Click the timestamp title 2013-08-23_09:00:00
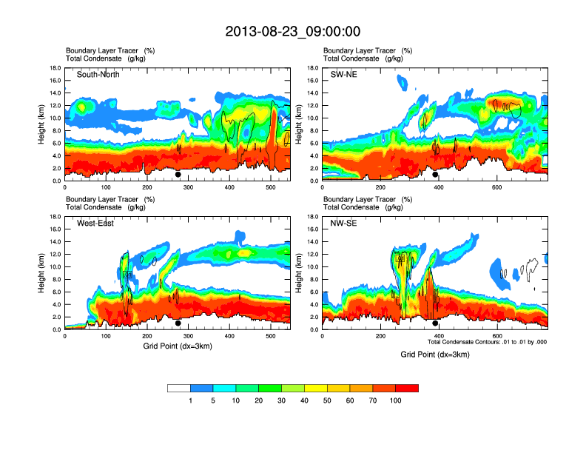click(293, 31)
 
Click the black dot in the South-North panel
click(178, 175)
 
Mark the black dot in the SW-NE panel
click(436, 175)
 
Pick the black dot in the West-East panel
click(178, 323)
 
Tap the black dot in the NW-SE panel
click(436, 323)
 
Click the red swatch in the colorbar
click(407, 388)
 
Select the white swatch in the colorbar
click(179, 388)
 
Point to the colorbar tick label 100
click(396, 400)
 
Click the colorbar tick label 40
click(304, 400)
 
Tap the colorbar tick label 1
click(191, 400)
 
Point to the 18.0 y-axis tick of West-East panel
click(55, 217)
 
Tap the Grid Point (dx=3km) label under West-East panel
click(178, 346)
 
